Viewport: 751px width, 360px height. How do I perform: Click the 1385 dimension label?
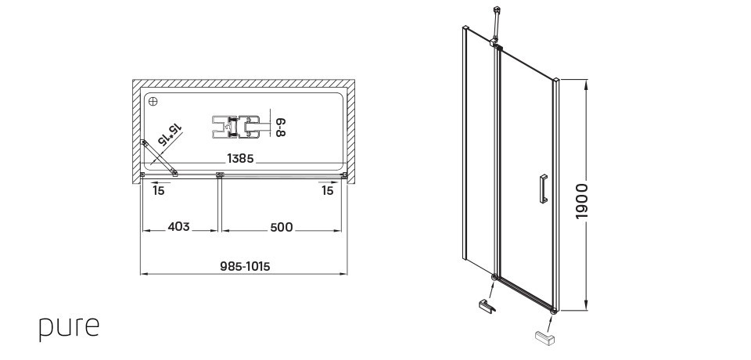(x=239, y=158)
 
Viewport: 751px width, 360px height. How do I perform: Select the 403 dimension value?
(x=179, y=227)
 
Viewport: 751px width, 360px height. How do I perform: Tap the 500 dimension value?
(x=281, y=227)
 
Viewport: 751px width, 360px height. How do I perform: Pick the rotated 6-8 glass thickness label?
(x=278, y=125)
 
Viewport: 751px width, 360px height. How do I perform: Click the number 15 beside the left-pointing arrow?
(x=159, y=190)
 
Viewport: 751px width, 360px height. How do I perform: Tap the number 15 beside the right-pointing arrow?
(x=327, y=190)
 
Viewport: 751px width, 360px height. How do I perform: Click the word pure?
(x=70, y=327)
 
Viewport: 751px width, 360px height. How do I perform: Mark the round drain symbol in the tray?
(x=153, y=102)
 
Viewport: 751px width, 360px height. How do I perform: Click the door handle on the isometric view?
(x=540, y=190)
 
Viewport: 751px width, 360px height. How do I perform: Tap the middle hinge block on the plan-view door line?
(x=220, y=174)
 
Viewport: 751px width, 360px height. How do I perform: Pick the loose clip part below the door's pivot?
(x=486, y=306)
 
